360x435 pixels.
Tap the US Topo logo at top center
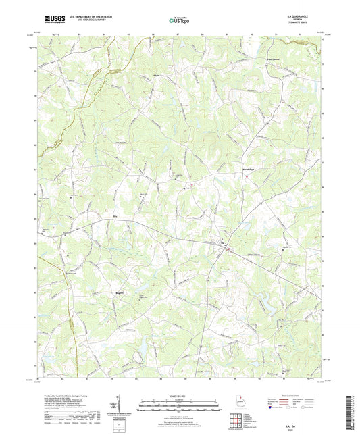pos(178,20)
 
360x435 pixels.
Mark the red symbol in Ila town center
pos(228,249)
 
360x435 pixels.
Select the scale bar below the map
pos(178,405)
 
